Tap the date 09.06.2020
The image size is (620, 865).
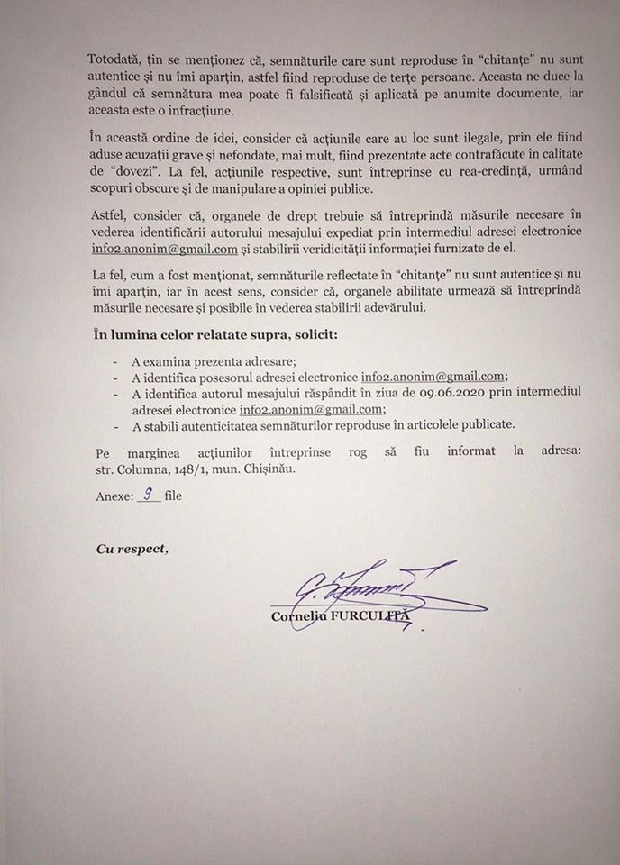[427, 393]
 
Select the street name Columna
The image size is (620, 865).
[147, 469]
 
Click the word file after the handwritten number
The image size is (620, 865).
[173, 496]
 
